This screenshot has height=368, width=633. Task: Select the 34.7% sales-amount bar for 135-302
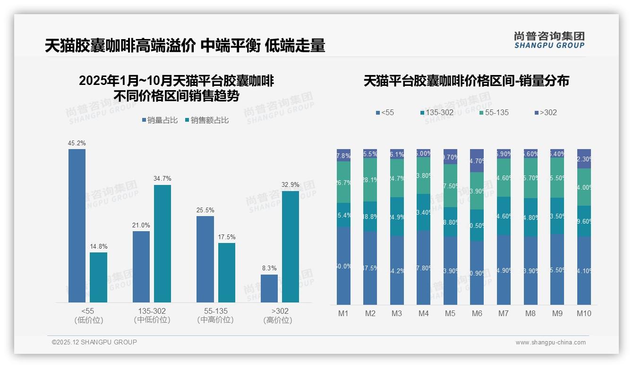(x=163, y=243)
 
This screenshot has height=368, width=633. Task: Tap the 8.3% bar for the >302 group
(x=269, y=288)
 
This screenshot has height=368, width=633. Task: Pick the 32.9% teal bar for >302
(x=290, y=246)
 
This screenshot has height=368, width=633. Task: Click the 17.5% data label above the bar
(x=227, y=237)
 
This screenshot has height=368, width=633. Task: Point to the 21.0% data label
(x=141, y=225)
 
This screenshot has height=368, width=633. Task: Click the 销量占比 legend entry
(x=160, y=120)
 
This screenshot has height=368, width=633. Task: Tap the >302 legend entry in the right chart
(x=546, y=113)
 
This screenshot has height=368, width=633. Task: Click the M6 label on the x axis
(x=477, y=313)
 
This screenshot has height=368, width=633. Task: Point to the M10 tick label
(x=584, y=313)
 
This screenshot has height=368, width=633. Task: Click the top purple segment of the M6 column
(x=477, y=160)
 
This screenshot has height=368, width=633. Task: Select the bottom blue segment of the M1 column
(x=343, y=266)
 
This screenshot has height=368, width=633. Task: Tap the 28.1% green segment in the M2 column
(x=370, y=180)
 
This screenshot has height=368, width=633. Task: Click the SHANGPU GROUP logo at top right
(x=549, y=40)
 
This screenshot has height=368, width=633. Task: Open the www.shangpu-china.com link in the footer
(x=550, y=343)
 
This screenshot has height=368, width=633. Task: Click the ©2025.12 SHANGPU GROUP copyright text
(x=94, y=342)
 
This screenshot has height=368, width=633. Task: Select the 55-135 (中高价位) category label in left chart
(x=215, y=316)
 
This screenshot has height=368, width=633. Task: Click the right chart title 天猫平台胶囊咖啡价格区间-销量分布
(x=466, y=81)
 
